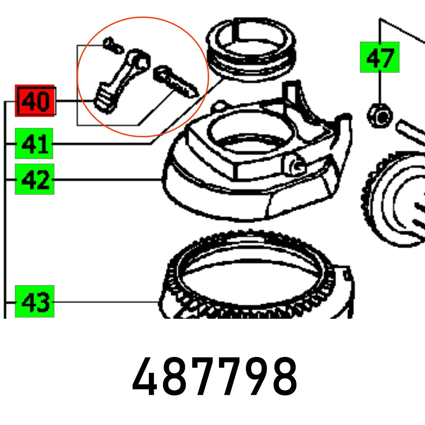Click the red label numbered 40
click(x=35, y=101)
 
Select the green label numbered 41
click(x=34, y=143)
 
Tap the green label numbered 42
click(x=34, y=179)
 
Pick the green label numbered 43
click(x=34, y=301)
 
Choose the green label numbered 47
click(x=380, y=57)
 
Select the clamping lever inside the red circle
click(x=123, y=81)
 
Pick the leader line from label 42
click(x=108, y=180)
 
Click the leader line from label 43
click(x=106, y=302)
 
